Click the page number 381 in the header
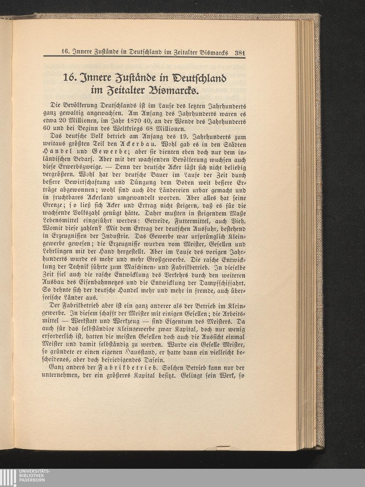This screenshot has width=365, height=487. (239, 52)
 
